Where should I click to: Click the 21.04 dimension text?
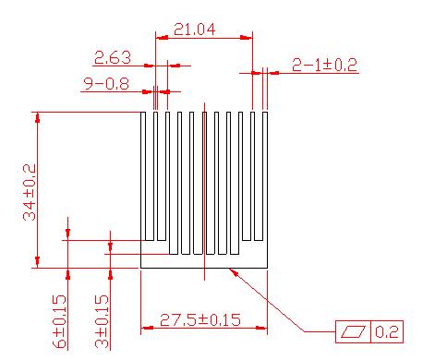click(x=194, y=30)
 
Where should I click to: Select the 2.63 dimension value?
click(x=113, y=57)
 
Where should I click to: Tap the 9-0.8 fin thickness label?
click(x=106, y=84)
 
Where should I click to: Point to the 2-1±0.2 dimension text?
click(x=324, y=65)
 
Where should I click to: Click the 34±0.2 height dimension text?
click(x=30, y=192)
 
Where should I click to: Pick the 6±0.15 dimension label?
click(x=59, y=321)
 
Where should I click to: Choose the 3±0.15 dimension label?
click(x=102, y=321)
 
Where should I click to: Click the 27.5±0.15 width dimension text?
click(x=200, y=320)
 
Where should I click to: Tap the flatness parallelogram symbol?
click(x=354, y=331)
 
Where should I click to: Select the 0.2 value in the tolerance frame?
click(x=387, y=331)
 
